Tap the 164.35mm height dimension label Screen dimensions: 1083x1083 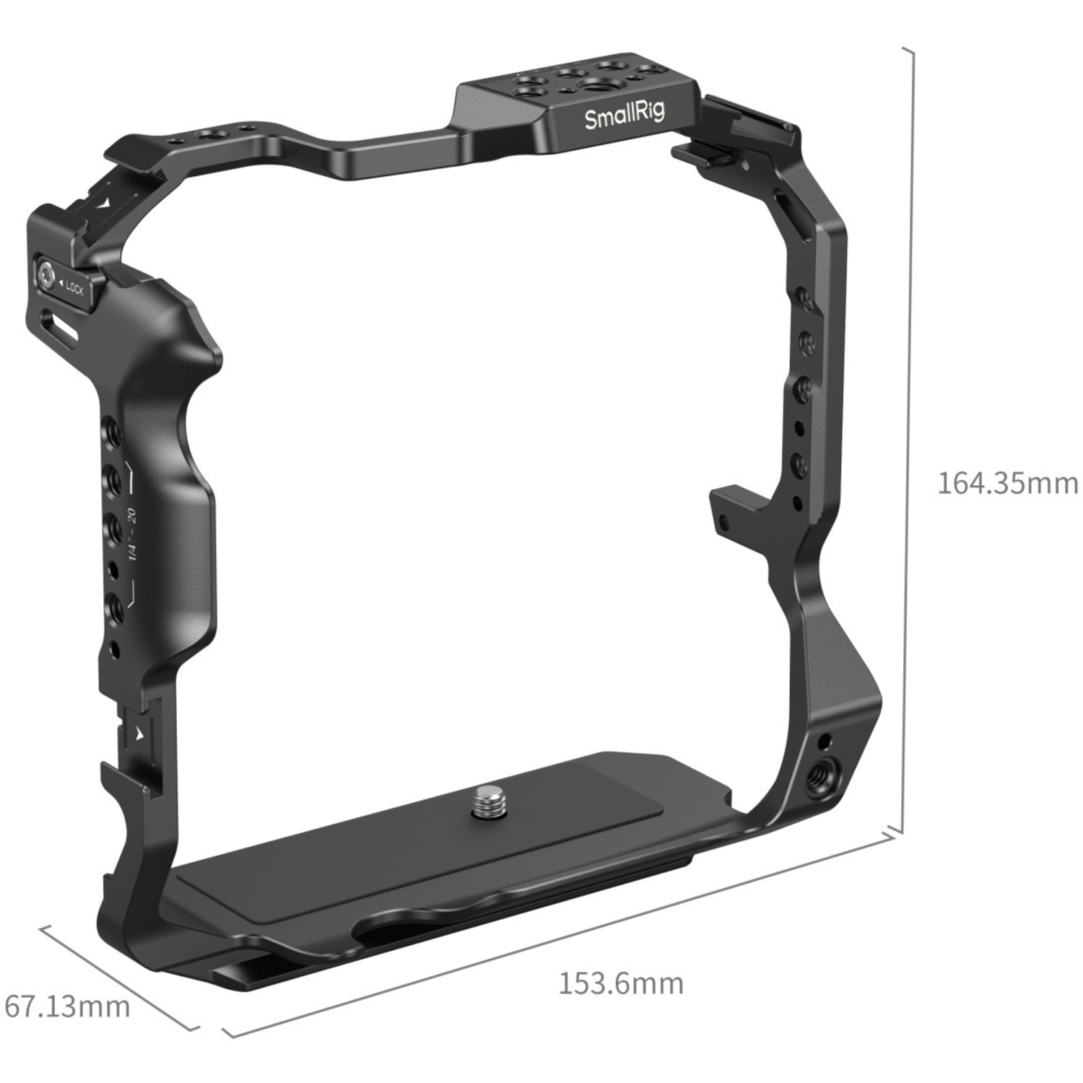click(x=1007, y=483)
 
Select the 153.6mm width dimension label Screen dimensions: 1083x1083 click(x=621, y=983)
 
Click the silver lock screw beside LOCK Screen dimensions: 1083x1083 click(x=48, y=275)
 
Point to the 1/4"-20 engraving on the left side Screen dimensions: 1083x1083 click(x=132, y=535)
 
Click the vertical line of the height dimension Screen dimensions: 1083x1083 click(x=913, y=433)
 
